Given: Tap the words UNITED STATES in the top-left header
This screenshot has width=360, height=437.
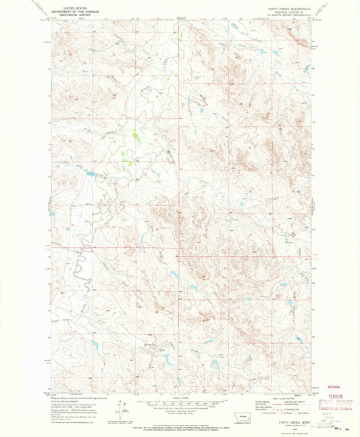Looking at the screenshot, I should [x=80, y=8].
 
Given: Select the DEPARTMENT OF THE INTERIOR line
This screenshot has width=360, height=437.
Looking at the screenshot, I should [x=80, y=11].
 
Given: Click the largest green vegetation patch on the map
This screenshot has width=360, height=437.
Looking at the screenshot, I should [x=134, y=135].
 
